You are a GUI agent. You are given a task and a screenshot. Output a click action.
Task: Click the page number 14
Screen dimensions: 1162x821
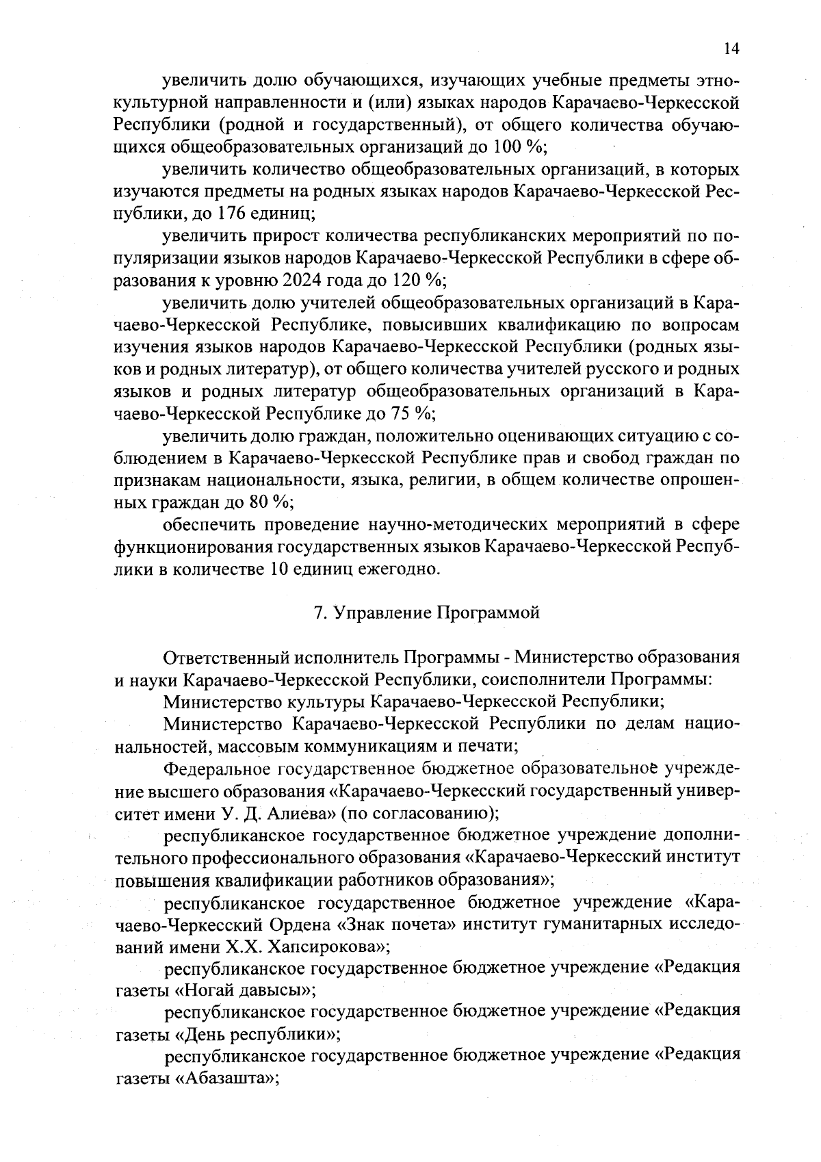point(731,49)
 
